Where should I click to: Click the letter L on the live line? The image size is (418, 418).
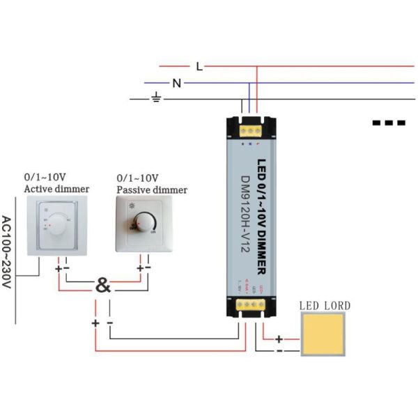point(199,67)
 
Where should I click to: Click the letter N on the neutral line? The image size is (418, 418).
point(177,84)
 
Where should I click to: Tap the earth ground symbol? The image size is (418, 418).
point(157,99)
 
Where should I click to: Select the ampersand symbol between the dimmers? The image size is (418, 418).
point(102,286)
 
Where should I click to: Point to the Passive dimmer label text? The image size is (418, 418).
point(152,189)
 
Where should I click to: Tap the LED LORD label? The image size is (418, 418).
point(325,305)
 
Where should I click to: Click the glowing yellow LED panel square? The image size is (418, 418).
point(324,334)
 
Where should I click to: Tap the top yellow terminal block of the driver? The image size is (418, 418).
point(251,127)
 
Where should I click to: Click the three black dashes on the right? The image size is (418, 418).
point(389,123)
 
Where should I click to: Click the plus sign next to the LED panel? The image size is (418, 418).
point(279,339)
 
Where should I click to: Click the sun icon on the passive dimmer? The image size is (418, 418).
point(132,207)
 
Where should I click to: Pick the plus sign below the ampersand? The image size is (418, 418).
point(95,323)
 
